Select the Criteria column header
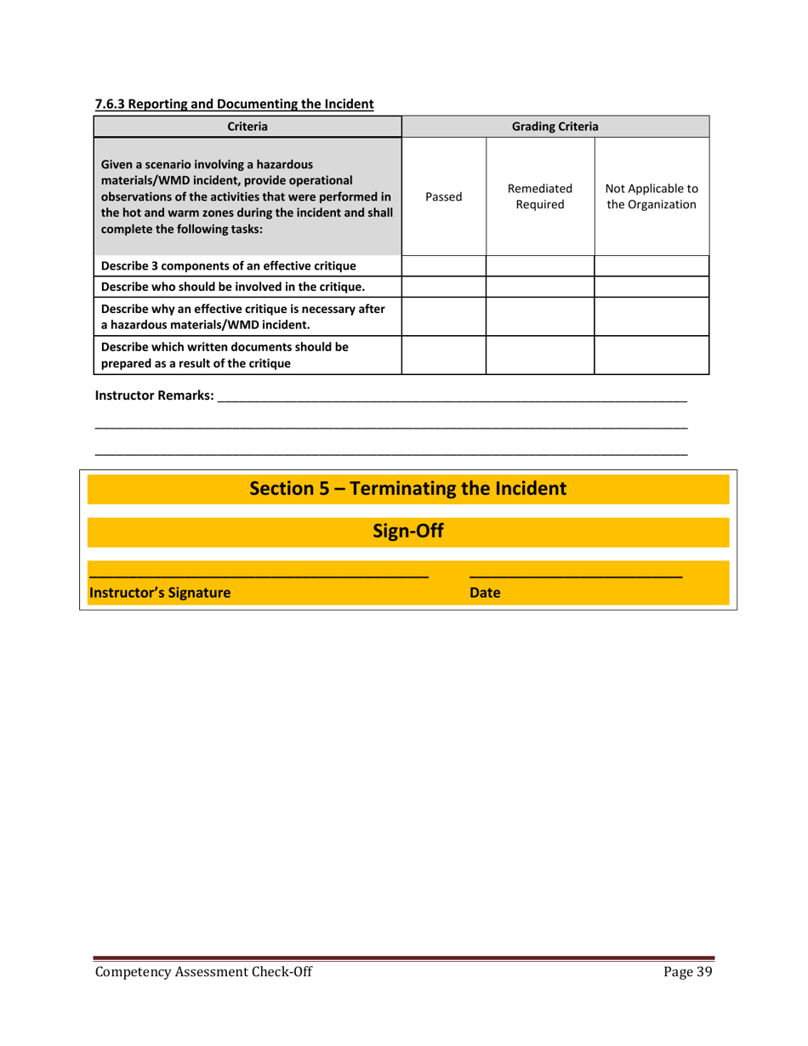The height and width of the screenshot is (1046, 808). [x=247, y=127]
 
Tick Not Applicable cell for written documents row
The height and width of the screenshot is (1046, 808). [x=652, y=355]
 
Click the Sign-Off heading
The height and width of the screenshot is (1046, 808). [x=407, y=532]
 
